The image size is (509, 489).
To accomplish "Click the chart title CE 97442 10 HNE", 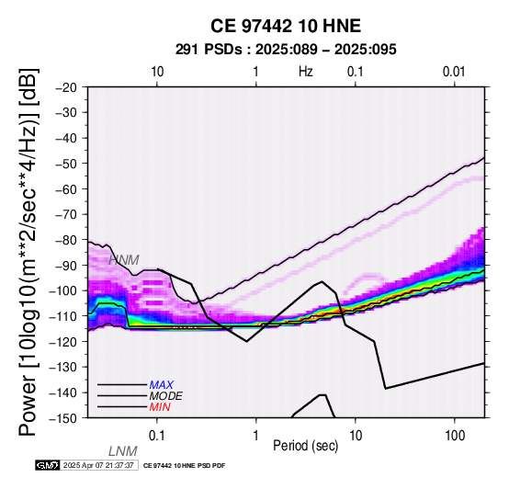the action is (286, 26).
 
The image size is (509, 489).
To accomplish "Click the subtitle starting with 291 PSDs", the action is (286, 50).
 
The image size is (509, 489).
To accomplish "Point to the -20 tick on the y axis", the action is (66, 87).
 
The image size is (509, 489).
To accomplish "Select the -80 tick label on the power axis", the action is (66, 240).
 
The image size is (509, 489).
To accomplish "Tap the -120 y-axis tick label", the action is (63, 342).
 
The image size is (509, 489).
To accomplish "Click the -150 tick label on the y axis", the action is (63, 418).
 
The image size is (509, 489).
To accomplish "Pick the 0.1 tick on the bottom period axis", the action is (157, 436).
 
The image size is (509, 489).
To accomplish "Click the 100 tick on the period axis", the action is (455, 436).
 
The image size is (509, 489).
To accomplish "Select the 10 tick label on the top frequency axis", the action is (157, 72).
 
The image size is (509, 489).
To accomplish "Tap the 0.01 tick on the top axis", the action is (454, 72).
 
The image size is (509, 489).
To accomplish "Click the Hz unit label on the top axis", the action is (306, 72).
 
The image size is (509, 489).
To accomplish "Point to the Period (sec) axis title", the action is (305, 446).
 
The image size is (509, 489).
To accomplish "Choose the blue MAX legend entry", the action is (162, 385).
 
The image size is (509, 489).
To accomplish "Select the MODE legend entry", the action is (166, 396).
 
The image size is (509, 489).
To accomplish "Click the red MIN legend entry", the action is (160, 407).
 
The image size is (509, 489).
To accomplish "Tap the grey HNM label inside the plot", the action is (124, 260).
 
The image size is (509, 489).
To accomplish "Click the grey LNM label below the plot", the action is (123, 451).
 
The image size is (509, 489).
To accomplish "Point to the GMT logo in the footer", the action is (48, 465).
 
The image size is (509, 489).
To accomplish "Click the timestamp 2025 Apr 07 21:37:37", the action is (98, 465).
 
